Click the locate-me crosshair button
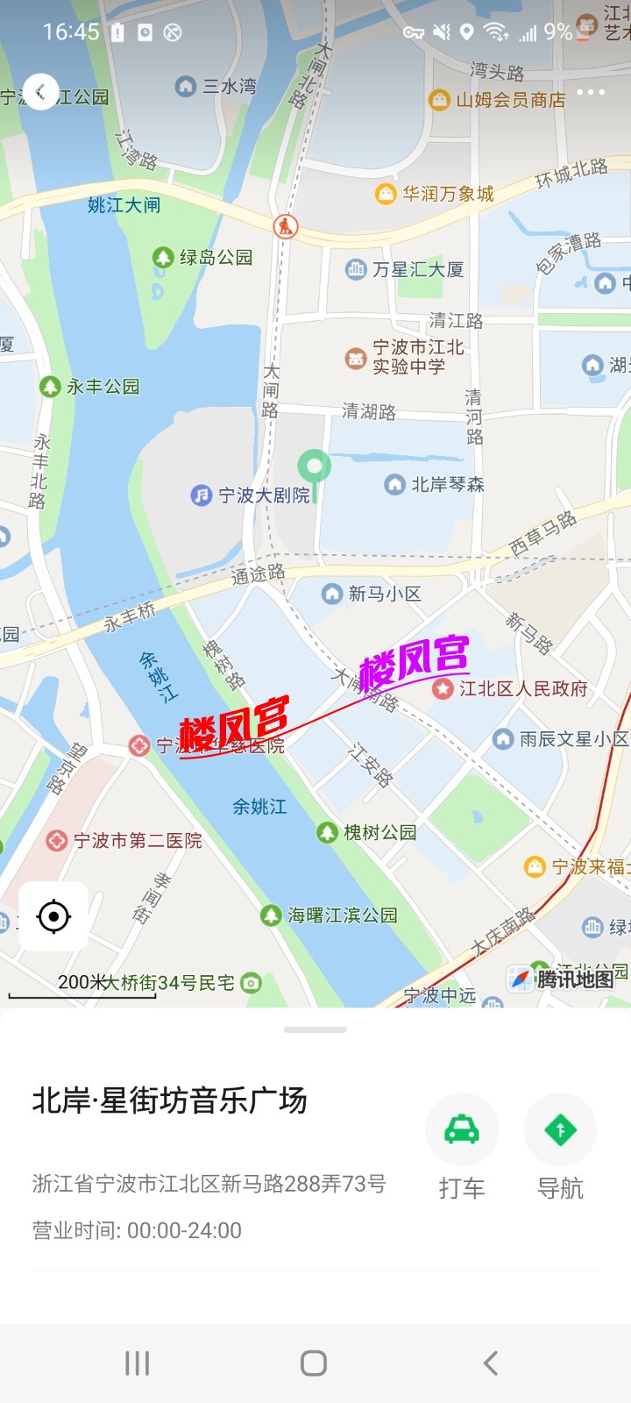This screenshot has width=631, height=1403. coord(53,916)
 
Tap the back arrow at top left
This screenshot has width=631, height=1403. coord(40,91)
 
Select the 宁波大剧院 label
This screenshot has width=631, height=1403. coord(264,495)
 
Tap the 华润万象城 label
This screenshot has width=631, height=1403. coord(447,194)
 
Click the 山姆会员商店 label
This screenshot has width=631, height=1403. coord(509,100)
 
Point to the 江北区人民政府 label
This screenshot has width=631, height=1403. coord(522,688)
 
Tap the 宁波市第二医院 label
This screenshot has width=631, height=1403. coord(137,841)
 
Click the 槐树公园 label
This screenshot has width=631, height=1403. coord(379,832)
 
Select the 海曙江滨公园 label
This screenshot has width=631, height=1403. coord(342,915)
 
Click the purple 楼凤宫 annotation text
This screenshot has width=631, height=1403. coord(414,660)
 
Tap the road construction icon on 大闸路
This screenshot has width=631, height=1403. coord(285,226)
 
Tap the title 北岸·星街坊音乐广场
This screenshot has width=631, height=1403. coord(169,1100)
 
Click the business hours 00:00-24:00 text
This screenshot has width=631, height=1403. coord(184,1230)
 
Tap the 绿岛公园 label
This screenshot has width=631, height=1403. coord(215,257)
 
